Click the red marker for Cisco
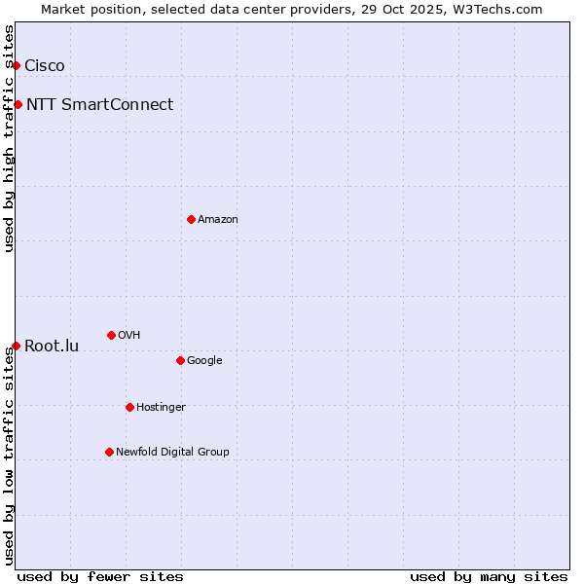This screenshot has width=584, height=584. [17, 65]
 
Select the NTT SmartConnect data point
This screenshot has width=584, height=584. [18, 104]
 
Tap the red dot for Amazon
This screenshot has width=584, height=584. [191, 219]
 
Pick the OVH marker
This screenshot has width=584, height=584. [111, 335]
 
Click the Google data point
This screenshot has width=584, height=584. [180, 360]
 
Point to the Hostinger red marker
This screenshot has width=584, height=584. [129, 407]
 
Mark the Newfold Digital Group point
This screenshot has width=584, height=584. [109, 452]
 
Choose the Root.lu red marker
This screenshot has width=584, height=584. [17, 346]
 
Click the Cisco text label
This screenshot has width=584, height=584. [45, 66]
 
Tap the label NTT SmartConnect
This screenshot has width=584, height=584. [99, 105]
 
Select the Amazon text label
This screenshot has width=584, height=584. [218, 220]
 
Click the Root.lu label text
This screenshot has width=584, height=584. [52, 347]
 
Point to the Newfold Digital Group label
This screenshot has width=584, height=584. [172, 452]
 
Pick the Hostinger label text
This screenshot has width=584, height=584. [161, 407]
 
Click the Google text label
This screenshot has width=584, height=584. [204, 360]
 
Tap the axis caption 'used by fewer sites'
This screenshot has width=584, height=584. [100, 576]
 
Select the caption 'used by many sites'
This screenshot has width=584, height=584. [489, 576]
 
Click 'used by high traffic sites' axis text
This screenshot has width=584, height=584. [10, 138]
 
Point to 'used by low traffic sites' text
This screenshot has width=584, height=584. [10, 456]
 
